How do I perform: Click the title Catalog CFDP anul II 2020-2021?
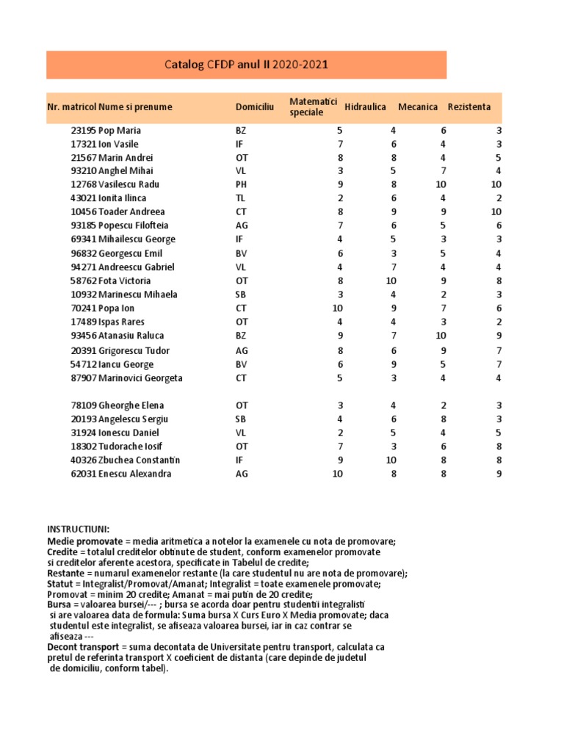246,65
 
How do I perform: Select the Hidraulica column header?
365,107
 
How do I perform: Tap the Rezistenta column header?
469,107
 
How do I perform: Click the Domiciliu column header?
255,107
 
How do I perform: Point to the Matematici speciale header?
313,106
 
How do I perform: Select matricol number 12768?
83,184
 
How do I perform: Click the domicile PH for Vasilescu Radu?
242,184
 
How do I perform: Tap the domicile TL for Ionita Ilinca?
241,198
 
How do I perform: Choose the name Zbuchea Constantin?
140,460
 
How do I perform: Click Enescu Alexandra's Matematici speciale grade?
337,474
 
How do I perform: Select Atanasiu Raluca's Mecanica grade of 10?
441,336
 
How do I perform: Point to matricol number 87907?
83,378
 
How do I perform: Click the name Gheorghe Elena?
131,405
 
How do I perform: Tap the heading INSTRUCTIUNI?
78,529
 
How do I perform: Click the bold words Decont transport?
82,647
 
